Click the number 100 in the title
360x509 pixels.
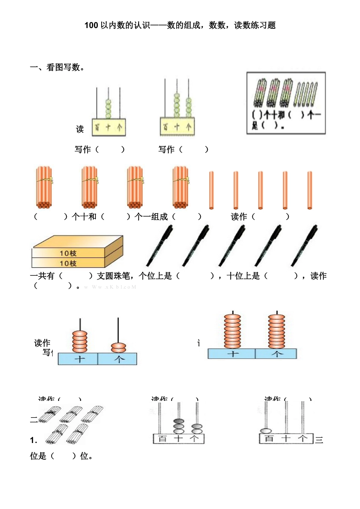click(x=91, y=25)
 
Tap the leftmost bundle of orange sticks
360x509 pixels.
click(x=44, y=187)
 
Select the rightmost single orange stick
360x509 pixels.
click(x=310, y=190)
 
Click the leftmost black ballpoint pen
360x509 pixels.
click(x=160, y=245)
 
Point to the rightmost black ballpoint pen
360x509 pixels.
click(x=304, y=245)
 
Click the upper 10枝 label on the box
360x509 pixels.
click(x=68, y=253)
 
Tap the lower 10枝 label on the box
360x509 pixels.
click(x=68, y=263)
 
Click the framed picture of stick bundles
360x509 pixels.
click(x=286, y=103)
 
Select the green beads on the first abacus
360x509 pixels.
click(x=108, y=109)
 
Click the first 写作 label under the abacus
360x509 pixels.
click(x=83, y=149)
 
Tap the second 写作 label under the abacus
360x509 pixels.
click(x=166, y=149)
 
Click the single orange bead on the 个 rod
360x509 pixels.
click(x=119, y=347)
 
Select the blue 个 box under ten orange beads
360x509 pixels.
click(x=276, y=354)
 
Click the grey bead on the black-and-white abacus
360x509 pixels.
click(x=178, y=421)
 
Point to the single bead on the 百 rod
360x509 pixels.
click(x=266, y=431)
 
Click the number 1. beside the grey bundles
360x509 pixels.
click(x=34, y=440)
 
